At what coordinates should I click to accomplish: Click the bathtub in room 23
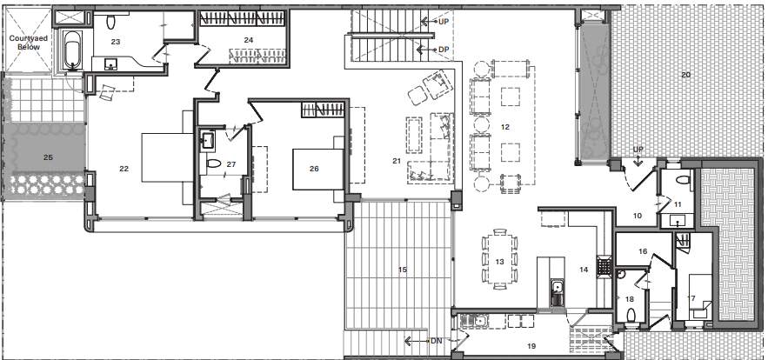pos(71,50)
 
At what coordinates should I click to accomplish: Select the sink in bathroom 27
pos(208,139)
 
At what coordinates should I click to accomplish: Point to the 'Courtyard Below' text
pos(27,44)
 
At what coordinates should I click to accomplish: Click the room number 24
pos(248,40)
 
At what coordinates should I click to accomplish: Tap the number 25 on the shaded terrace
pos(48,157)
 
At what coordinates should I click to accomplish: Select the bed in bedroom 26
pos(313,168)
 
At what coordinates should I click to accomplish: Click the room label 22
pos(124,168)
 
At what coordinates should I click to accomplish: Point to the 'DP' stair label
pos(444,49)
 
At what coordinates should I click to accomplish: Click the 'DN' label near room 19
pos(437,341)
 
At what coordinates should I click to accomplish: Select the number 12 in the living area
pos(504,128)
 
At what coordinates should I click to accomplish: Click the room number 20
pos(685,76)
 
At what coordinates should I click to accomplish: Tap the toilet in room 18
pos(620,273)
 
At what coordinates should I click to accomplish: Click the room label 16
pos(643,251)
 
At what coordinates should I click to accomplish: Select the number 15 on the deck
pos(402,270)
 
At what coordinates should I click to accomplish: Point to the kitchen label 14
pos(583,270)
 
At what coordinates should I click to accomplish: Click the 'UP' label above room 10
pos(638,149)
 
